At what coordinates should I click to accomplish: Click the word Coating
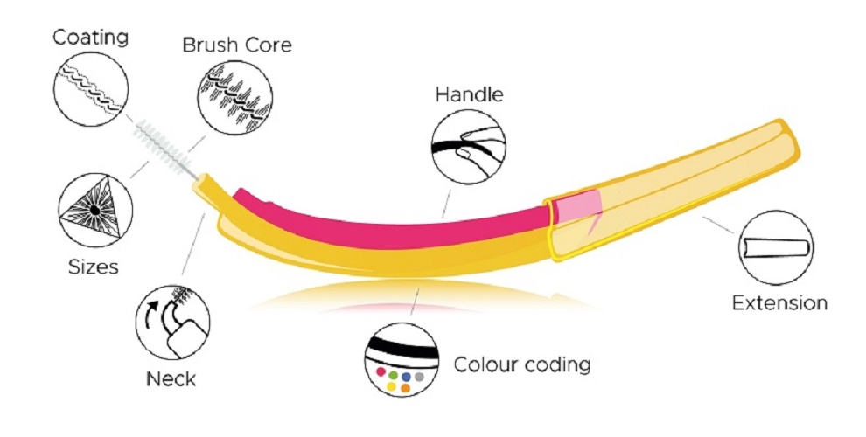tap(91, 37)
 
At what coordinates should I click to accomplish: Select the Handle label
tap(470, 94)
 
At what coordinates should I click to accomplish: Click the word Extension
tap(779, 303)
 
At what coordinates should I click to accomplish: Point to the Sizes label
tap(94, 266)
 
